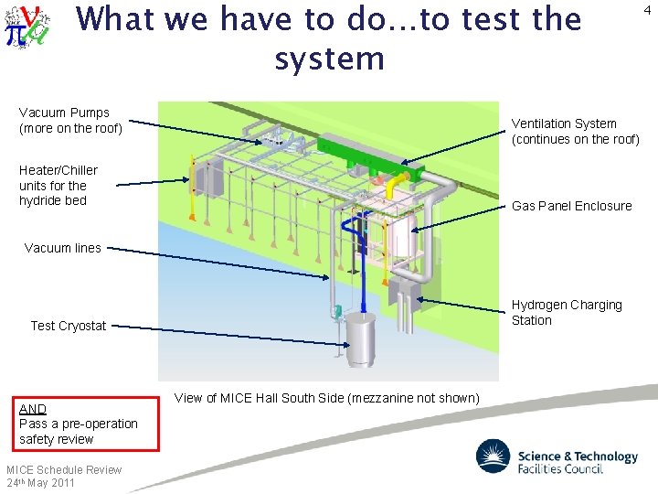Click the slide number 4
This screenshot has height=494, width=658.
(x=647, y=11)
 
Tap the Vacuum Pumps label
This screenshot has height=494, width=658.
(x=70, y=121)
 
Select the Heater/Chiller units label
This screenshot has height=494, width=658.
(x=58, y=185)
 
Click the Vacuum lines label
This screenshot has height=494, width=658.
(x=63, y=248)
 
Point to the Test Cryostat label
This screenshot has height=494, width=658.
(x=69, y=326)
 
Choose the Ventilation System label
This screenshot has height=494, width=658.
(x=575, y=131)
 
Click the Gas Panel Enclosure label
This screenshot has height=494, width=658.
(x=571, y=206)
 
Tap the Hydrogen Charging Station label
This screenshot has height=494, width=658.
(x=567, y=312)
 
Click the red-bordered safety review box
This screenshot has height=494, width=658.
(x=79, y=424)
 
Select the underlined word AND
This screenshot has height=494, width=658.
(x=33, y=409)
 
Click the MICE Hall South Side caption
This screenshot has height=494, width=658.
(x=326, y=398)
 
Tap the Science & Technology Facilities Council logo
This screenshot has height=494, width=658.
(x=557, y=457)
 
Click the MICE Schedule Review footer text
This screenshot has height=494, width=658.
(x=64, y=469)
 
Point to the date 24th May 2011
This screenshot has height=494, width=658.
(x=40, y=482)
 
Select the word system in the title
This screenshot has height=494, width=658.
(x=329, y=59)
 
